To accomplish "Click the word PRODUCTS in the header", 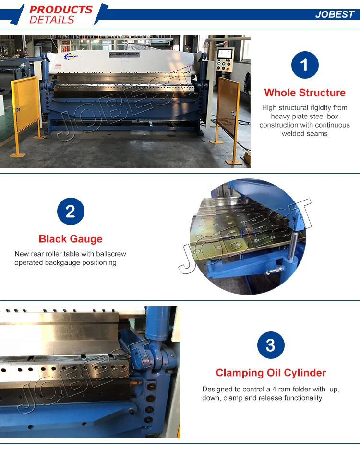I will click(x=61, y=10).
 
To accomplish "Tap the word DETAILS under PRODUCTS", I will click(x=52, y=20).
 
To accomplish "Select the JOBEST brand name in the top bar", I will click(x=334, y=14).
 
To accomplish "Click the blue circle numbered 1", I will click(x=305, y=65).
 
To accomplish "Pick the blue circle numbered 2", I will click(x=71, y=211).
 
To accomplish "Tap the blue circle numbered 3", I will click(x=271, y=345).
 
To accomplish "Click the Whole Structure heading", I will click(x=305, y=93).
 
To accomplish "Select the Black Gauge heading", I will click(x=71, y=239).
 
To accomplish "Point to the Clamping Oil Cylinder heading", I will click(x=271, y=373).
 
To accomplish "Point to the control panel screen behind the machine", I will click(x=224, y=54).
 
